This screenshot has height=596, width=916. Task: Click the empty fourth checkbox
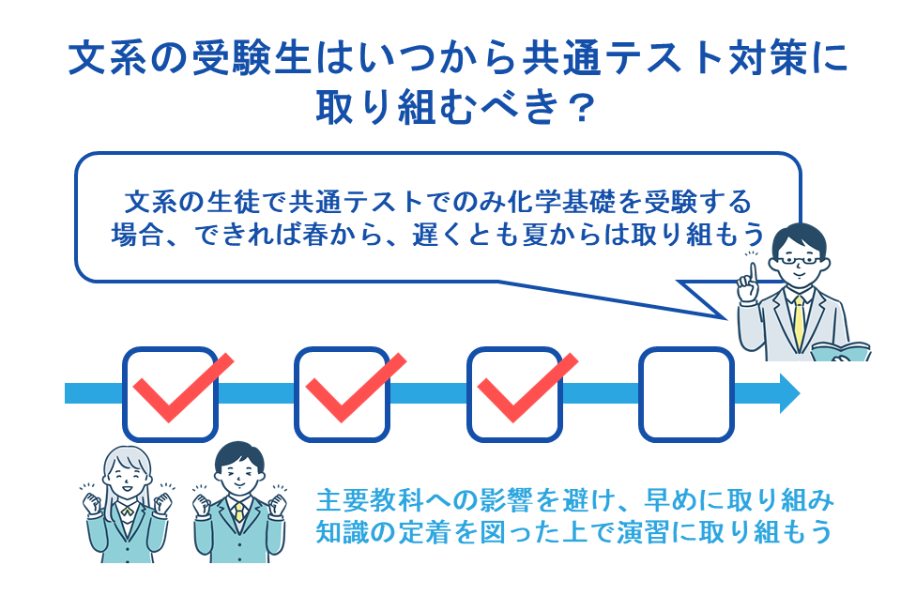685,393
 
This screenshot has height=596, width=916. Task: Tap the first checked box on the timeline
170,393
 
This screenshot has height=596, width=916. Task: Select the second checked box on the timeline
342,393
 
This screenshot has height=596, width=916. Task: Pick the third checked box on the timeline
514,393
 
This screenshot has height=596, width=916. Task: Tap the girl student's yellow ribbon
125,513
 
